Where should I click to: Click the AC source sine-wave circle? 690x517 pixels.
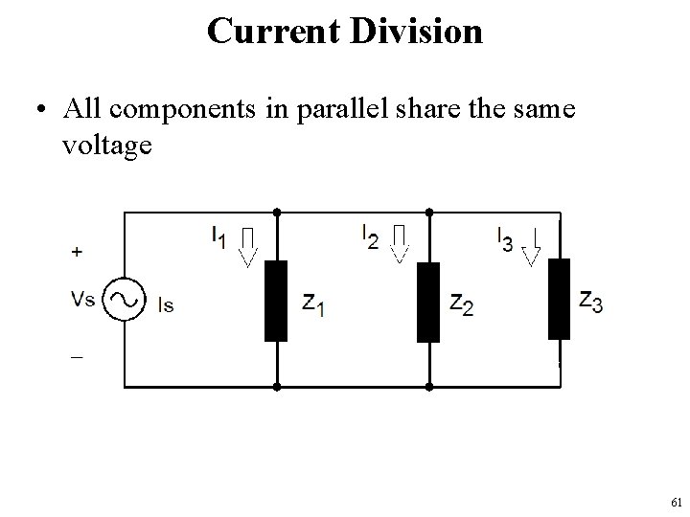point(124,299)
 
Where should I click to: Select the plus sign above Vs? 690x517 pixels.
point(77,252)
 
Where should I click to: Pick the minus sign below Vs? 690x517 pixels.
point(76,355)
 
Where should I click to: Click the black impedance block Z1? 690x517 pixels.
point(276,301)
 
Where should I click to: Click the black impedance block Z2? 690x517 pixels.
point(428,302)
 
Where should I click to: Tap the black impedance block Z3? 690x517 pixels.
point(559,299)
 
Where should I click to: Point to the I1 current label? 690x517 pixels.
point(220,236)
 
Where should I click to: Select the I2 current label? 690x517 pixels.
point(370,235)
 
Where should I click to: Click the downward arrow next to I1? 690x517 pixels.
point(248,245)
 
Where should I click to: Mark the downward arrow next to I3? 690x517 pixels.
point(531,245)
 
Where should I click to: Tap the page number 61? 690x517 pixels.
point(677,502)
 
